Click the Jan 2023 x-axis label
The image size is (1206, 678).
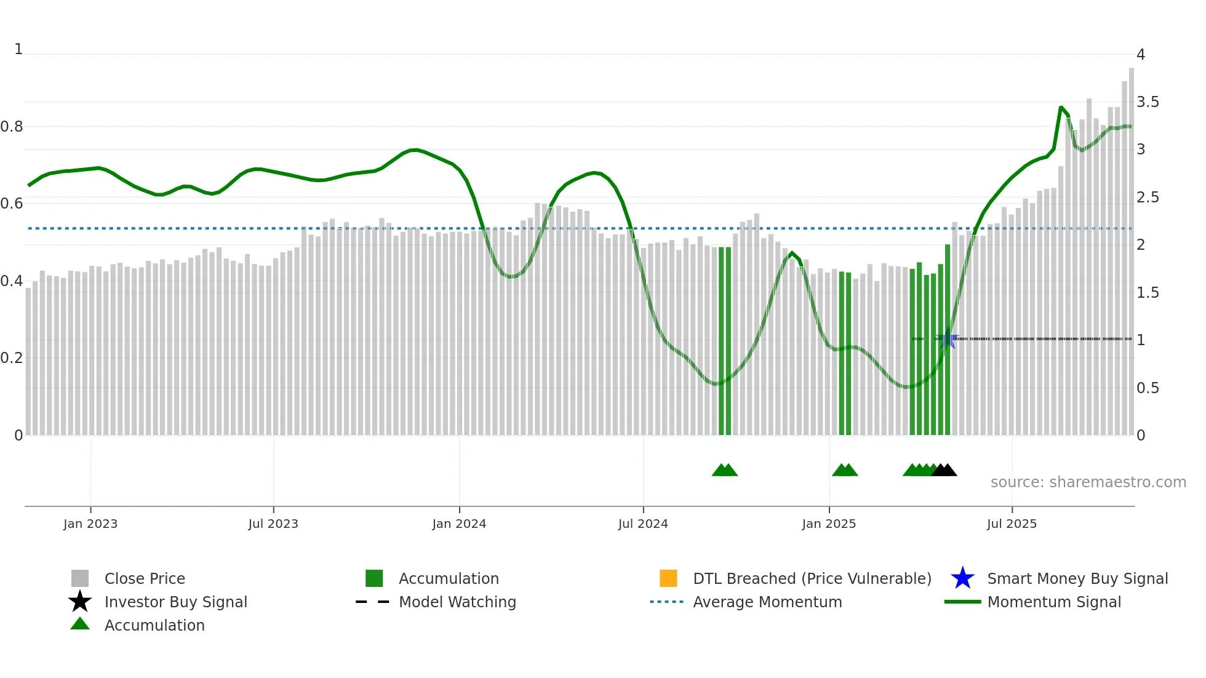point(90,524)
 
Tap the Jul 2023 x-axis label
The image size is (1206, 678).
point(273,524)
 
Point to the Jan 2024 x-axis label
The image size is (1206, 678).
point(459,524)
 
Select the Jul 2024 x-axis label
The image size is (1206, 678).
point(643,524)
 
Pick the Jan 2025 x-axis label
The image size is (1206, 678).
point(829,524)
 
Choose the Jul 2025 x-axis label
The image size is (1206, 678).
point(1012,524)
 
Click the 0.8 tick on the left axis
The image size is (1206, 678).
point(12,127)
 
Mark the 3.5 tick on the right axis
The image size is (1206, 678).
point(1148,102)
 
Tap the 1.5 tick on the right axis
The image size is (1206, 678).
point(1148,293)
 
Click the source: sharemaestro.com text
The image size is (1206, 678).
point(1088,482)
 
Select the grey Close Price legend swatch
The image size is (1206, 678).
point(80,578)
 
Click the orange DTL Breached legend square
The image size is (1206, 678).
point(668,578)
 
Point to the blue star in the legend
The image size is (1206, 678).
point(962,578)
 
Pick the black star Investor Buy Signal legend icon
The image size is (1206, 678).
point(80,602)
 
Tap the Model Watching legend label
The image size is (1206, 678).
point(457,602)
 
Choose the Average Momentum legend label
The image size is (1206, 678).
point(767,602)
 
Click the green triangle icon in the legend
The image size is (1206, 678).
point(80,624)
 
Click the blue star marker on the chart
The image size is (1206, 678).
point(947,340)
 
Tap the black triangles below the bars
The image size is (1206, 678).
point(944,470)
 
